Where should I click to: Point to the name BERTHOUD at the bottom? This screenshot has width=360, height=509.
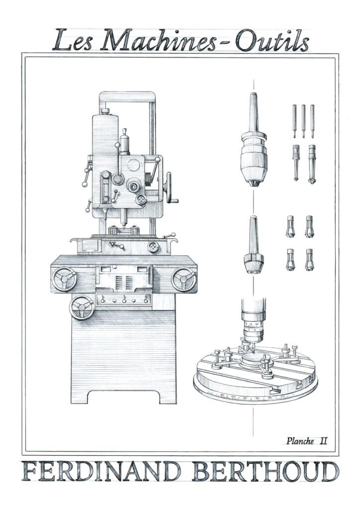pos(265,472)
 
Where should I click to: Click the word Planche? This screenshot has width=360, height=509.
pos(300,441)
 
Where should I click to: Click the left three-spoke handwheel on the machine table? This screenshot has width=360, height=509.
pos(64,279)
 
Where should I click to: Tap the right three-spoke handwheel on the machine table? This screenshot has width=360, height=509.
pos(184,279)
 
